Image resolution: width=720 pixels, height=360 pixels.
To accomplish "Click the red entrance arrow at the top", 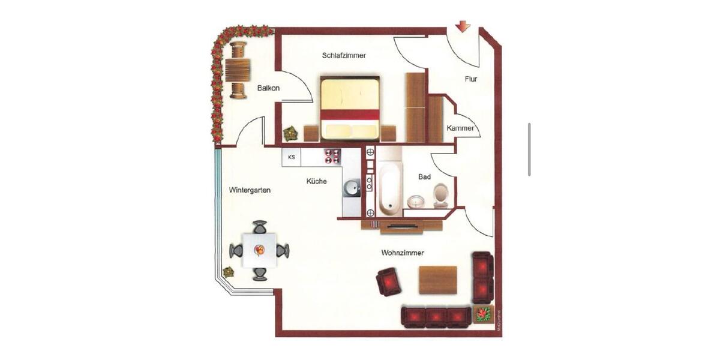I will [463, 27].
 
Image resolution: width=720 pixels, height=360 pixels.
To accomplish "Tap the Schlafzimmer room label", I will [344, 56].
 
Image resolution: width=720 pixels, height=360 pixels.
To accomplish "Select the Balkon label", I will [268, 88].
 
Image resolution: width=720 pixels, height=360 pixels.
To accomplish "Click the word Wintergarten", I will [250, 190].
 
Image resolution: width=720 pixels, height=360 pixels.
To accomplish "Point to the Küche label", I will [316, 181].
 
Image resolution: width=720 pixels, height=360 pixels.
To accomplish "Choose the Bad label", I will [425, 178].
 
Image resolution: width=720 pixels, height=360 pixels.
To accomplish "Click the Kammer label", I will [460, 128].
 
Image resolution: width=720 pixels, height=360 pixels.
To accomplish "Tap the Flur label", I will [471, 79].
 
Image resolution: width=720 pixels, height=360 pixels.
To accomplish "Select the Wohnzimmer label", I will [402, 253].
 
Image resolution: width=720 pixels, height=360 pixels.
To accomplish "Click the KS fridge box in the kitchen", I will [292, 157].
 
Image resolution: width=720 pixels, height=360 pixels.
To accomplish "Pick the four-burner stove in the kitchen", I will [332, 157].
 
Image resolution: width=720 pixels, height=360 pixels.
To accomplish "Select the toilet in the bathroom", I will [441, 195].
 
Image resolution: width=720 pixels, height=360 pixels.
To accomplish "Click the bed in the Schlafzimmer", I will [350, 107].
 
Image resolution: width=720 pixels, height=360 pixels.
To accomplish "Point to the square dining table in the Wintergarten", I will [259, 250].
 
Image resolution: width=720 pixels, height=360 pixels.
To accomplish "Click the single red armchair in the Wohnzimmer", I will [389, 281].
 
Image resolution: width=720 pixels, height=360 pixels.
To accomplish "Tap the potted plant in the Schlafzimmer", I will [290, 133].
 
